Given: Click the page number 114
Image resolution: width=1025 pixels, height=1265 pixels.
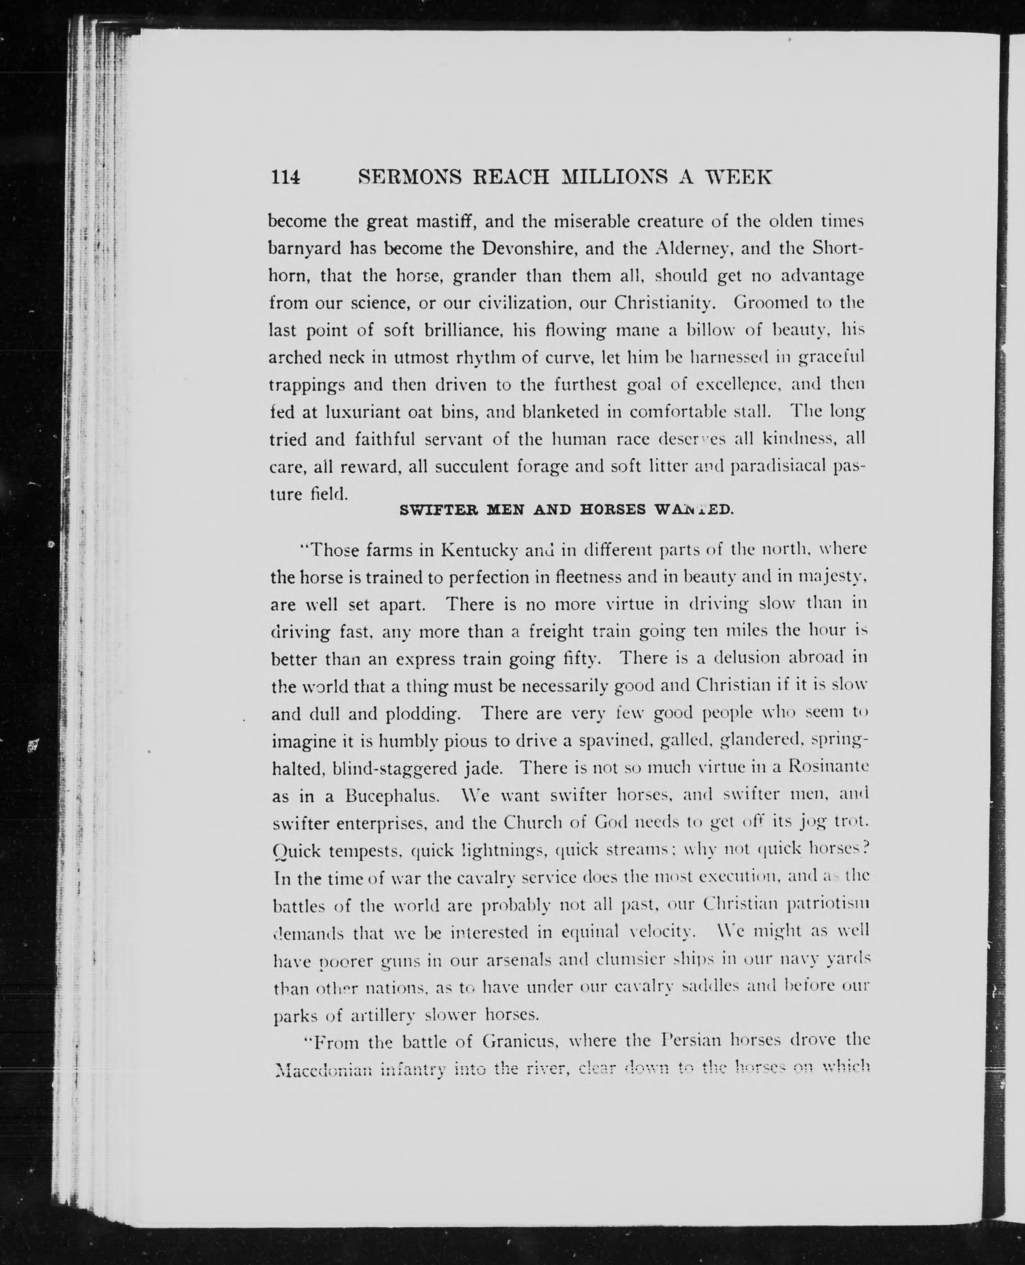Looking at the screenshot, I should (286, 176).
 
